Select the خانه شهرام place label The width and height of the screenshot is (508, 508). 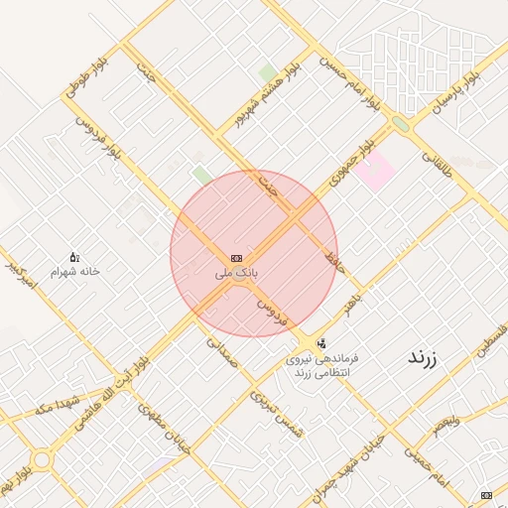tap(76, 270)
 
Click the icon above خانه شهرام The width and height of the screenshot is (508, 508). tap(74, 257)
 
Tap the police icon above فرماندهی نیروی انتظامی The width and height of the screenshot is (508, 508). tap(319, 343)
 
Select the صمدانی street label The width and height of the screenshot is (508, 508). tap(222, 351)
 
